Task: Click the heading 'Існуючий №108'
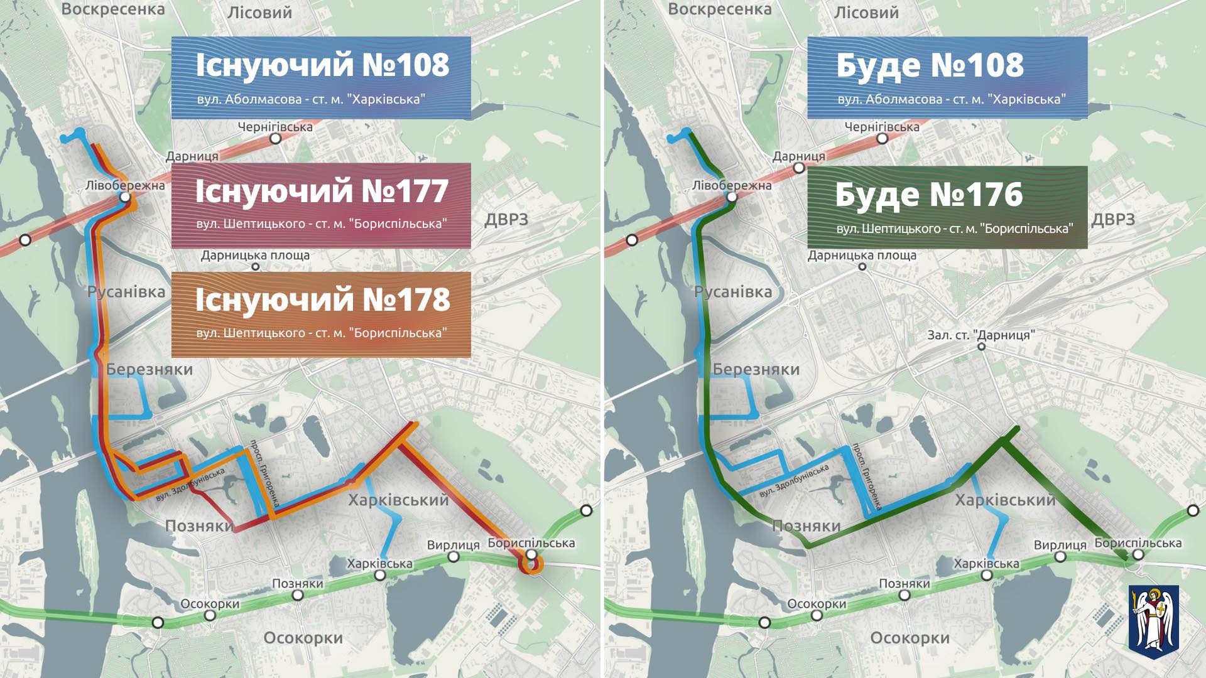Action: coord(322,65)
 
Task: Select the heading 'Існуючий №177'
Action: coord(322,191)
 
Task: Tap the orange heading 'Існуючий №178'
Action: coord(322,300)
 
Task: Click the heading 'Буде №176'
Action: coord(929,195)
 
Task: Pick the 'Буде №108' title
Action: coord(930,65)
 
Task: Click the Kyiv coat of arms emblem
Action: coord(1153,618)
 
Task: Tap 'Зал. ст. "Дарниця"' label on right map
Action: coord(981,335)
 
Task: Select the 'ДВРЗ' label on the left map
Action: coord(506,220)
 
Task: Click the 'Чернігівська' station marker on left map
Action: coord(275,139)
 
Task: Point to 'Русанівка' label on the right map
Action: coord(733,292)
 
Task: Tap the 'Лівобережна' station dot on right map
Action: coord(732,197)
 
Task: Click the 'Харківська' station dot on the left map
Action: coord(380,575)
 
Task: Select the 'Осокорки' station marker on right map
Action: coord(817,615)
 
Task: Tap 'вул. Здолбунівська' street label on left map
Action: coord(190,485)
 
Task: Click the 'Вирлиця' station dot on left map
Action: coord(453,557)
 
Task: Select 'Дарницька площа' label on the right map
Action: coord(862,256)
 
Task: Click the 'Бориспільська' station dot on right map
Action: coord(1138,554)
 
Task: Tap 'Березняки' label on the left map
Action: coord(149,369)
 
